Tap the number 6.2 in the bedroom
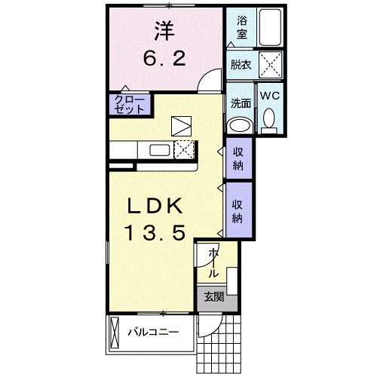pyautogui.click(x=165, y=58)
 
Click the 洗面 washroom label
pyautogui.click(x=240, y=102)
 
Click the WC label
pyautogui.click(x=270, y=96)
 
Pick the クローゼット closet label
pyautogui.click(x=130, y=104)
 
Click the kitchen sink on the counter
pyautogui.click(x=160, y=149)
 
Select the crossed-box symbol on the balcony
pyautogui.click(x=115, y=332)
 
